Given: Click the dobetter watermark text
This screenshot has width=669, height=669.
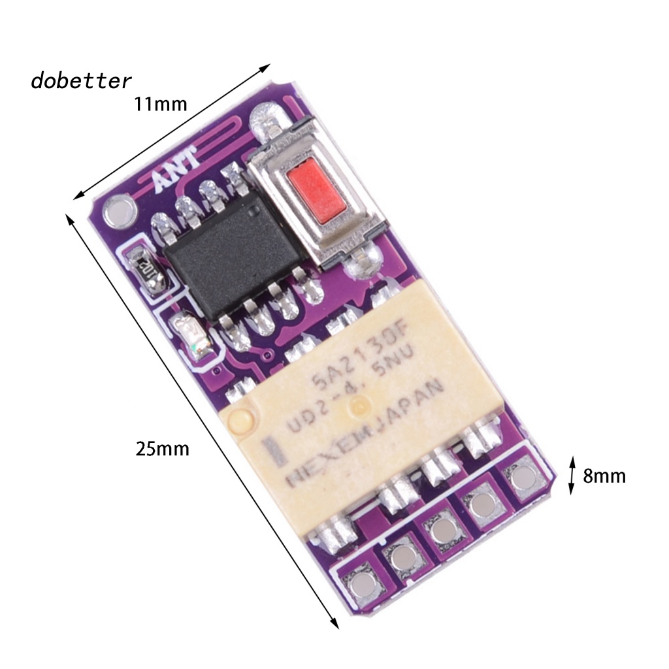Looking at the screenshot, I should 81,81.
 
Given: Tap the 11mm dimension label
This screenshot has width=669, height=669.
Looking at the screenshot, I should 161,104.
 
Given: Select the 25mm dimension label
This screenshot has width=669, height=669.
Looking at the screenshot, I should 163,449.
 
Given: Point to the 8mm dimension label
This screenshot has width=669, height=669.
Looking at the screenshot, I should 604,476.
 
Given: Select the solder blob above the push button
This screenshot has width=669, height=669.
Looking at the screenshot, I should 267,120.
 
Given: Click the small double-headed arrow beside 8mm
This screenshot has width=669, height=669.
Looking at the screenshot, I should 572,476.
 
